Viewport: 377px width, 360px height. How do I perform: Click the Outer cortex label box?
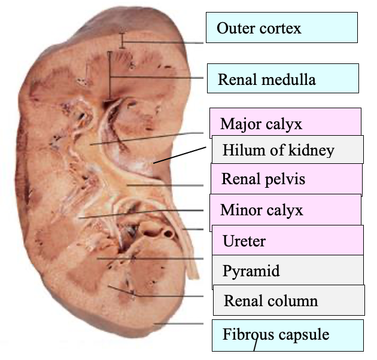tap(281, 28)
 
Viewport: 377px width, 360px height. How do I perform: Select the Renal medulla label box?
tap(282, 79)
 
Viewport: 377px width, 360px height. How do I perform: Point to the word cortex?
tap(279, 28)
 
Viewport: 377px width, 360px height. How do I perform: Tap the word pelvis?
tap(285, 179)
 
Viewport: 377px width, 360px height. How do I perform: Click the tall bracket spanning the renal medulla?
tap(110, 75)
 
